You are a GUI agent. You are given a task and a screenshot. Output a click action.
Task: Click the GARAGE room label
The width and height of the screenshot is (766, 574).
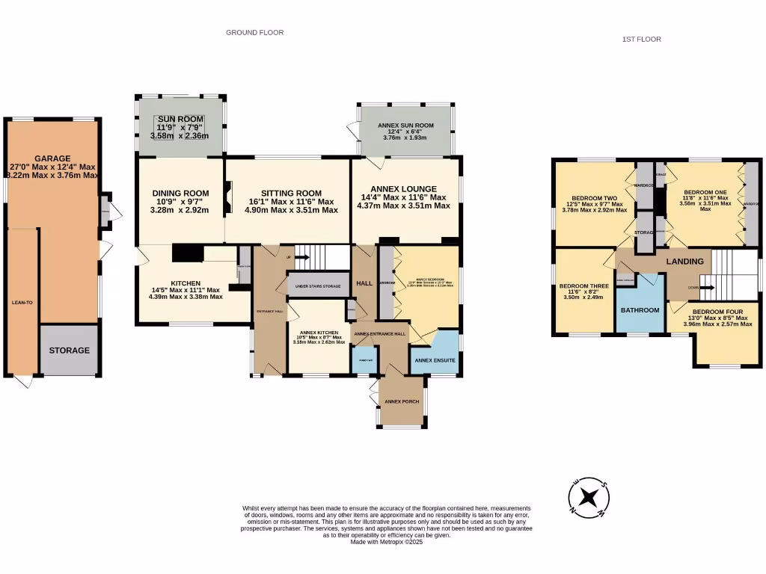52,158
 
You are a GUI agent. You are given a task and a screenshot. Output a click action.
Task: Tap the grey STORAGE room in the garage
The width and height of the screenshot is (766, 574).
70,350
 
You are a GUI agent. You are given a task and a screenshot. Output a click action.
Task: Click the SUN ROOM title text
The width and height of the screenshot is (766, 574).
180,119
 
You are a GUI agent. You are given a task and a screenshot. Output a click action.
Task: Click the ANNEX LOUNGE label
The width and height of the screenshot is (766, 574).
403,188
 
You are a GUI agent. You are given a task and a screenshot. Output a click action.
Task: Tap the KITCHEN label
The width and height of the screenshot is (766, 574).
186,283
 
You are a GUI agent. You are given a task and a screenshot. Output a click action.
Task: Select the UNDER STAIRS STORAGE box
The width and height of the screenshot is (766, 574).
318,286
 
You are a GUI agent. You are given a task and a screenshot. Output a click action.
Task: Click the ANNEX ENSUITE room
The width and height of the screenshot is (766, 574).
435,360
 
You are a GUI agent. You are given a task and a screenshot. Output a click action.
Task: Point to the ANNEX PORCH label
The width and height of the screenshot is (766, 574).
402,402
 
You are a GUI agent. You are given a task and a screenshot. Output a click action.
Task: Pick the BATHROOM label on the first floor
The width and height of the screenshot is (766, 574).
641,310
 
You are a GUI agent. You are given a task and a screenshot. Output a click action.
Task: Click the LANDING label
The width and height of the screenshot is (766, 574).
684,262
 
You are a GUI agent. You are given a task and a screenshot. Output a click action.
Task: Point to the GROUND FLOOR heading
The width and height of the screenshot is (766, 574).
255,33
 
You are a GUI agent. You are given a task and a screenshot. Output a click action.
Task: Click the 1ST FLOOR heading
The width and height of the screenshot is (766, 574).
641,39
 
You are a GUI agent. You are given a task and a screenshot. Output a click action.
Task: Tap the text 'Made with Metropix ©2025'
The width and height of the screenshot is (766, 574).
387,542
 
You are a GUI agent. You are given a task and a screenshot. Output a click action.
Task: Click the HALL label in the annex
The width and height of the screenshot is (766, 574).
364,283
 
